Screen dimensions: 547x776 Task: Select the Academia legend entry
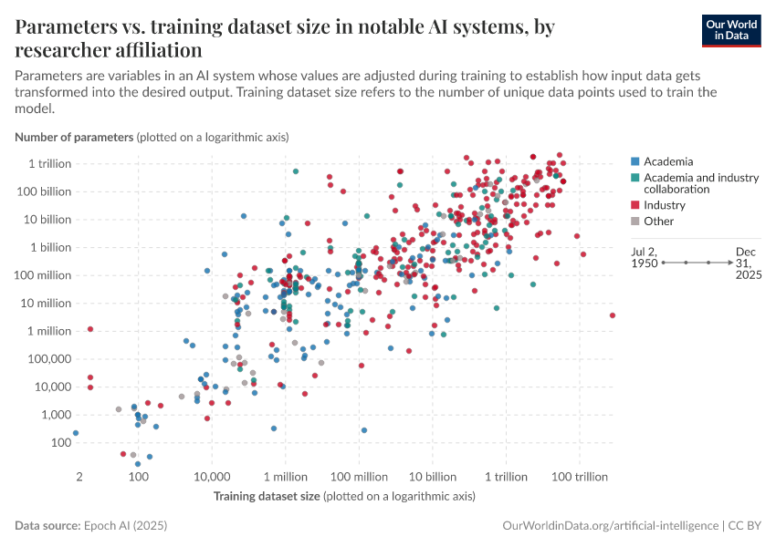click(666, 161)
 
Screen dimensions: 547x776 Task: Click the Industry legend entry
click(664, 205)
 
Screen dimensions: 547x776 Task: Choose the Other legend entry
click(658, 221)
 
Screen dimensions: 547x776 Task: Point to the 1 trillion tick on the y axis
click(49, 163)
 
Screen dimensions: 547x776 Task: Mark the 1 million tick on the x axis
click(285, 478)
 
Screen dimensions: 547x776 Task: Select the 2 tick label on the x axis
click(80, 478)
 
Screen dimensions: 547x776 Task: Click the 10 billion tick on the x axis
click(432, 478)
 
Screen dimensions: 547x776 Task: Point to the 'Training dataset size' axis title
click(267, 496)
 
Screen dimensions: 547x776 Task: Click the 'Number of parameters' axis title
click(74, 137)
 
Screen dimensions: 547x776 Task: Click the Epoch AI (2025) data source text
click(125, 526)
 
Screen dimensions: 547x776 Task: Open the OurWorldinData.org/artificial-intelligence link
click(610, 526)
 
